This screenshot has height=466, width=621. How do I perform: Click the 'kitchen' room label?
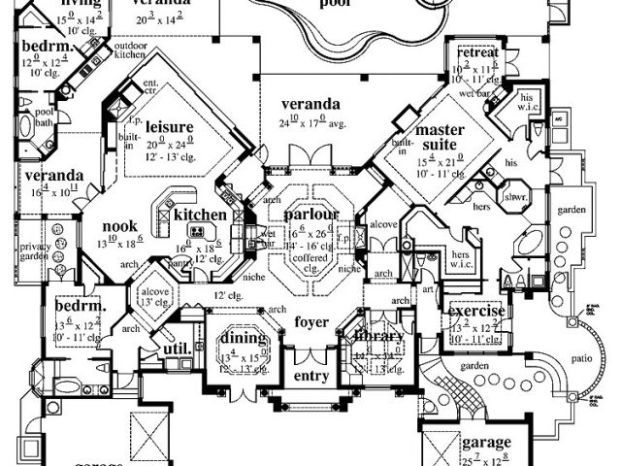[201, 215]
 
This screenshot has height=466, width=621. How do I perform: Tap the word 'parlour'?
[310, 214]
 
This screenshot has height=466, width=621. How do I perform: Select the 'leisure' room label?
[170, 127]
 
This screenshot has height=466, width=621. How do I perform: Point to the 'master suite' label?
[438, 137]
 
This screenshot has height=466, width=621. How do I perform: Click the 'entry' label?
[310, 376]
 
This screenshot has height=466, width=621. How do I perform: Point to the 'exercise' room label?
[474, 312]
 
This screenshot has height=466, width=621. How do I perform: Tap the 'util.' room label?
[175, 347]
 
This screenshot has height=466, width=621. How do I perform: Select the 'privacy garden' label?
[36, 251]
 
